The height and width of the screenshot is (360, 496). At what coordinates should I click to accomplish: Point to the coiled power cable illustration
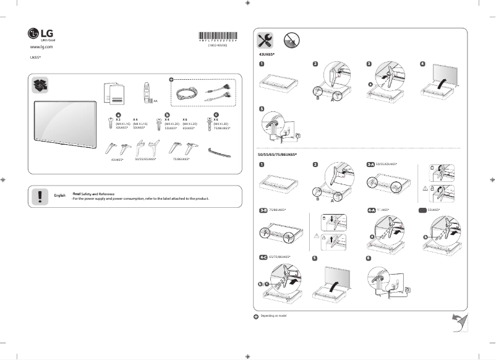(186, 93)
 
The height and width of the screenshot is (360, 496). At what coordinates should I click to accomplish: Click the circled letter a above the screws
(118, 114)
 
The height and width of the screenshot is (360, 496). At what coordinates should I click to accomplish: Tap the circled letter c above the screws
(216, 114)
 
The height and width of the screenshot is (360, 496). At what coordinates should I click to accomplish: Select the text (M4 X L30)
(221, 123)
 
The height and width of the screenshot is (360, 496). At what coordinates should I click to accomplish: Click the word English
(60, 195)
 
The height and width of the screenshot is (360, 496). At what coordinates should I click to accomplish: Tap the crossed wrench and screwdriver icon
(265, 41)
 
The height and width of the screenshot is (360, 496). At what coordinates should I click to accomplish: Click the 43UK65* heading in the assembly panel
(266, 55)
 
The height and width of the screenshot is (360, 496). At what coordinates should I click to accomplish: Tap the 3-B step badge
(264, 210)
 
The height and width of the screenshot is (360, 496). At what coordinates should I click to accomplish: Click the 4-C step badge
(263, 256)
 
